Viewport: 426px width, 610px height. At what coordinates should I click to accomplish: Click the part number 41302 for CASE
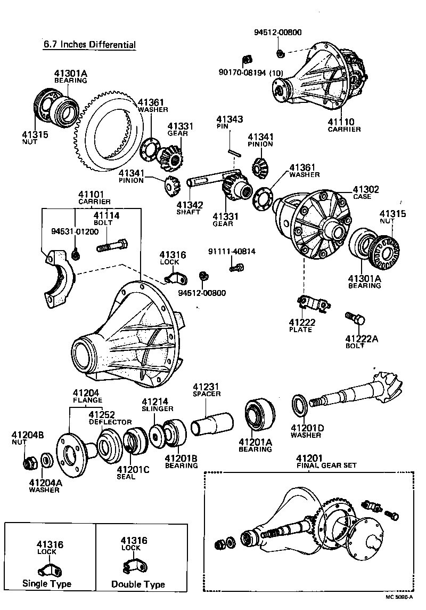(x=365, y=189)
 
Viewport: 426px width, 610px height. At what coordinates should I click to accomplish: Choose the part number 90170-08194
(x=242, y=73)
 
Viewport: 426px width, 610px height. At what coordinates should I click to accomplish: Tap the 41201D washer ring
(x=299, y=405)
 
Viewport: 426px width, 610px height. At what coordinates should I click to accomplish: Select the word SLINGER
(x=158, y=408)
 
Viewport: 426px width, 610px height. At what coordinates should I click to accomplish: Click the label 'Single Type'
(x=46, y=584)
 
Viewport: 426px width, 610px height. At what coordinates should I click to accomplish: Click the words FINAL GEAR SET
(x=326, y=465)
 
